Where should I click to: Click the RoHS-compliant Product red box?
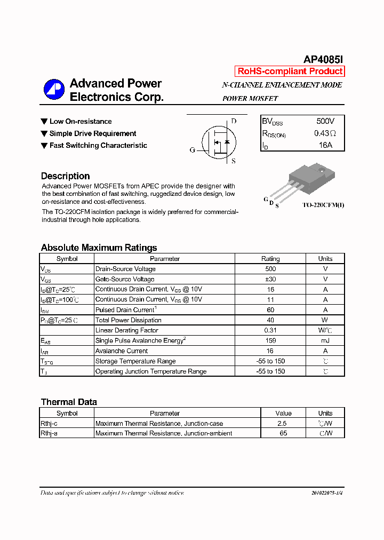[290, 72]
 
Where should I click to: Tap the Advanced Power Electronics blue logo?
[53, 90]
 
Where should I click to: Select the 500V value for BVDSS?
[325, 121]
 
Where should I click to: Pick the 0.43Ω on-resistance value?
[325, 133]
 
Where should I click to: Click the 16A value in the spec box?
[325, 145]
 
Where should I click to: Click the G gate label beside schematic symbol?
[193, 150]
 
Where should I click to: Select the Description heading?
[65, 176]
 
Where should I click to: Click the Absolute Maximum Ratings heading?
[99, 248]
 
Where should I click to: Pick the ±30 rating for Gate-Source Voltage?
[270, 279]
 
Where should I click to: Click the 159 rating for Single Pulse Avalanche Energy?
[270, 340]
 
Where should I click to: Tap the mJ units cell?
[325, 340]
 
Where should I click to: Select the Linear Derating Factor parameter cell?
[127, 330]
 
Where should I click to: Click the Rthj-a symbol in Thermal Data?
[49, 433]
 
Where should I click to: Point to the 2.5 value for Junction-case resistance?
[283, 423]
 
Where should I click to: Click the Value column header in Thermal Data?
[283, 413]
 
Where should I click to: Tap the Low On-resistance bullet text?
[81, 122]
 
